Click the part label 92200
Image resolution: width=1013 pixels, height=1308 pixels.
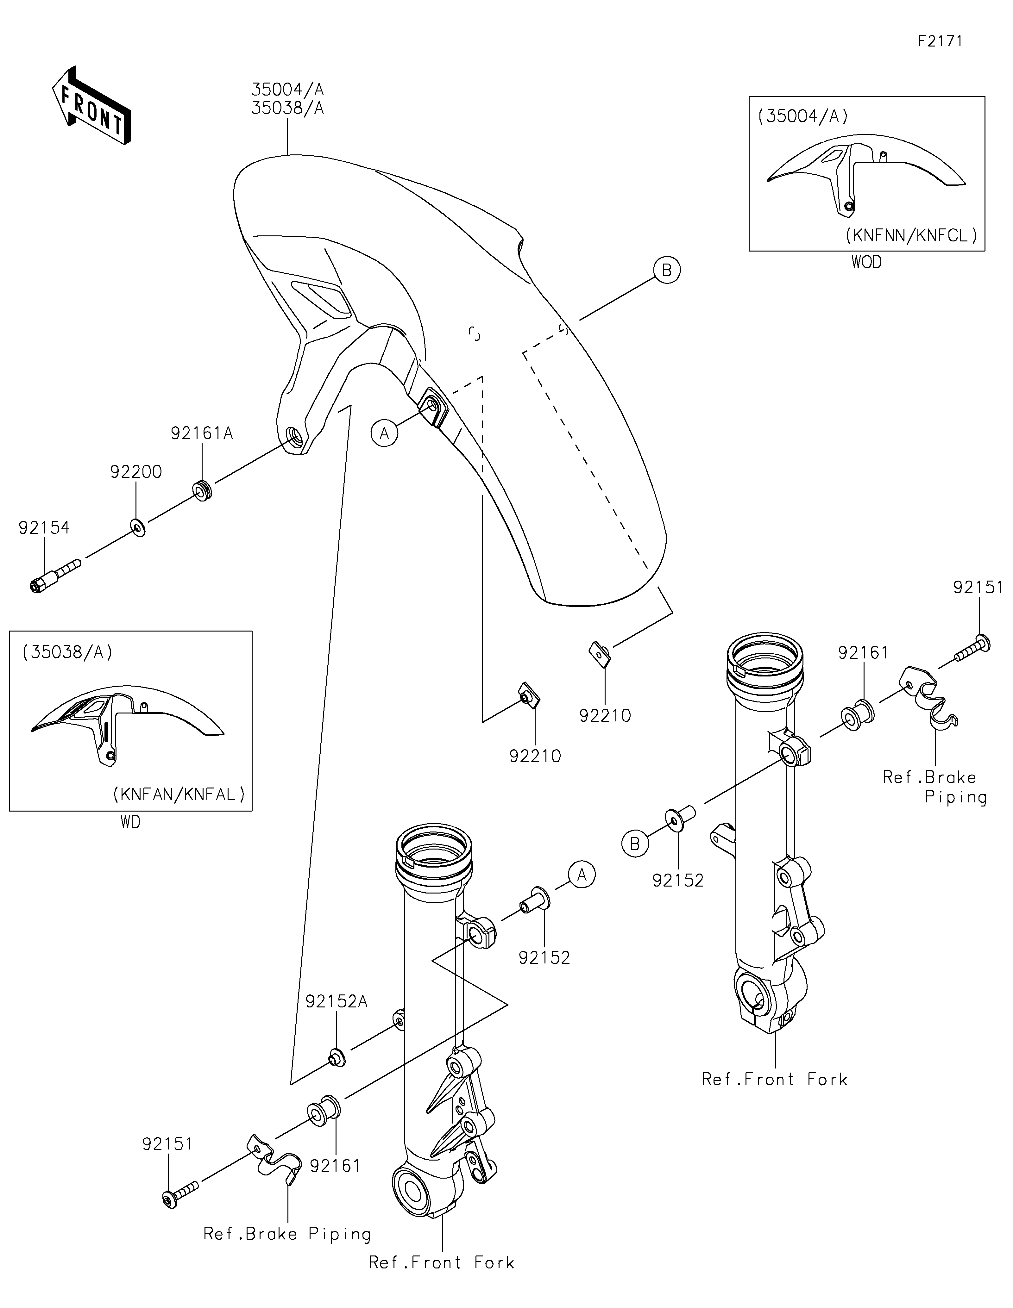[136, 472]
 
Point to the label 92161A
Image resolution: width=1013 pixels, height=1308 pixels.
[202, 433]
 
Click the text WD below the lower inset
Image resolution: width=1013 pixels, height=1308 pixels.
[131, 822]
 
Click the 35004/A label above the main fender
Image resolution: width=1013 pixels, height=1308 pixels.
[287, 90]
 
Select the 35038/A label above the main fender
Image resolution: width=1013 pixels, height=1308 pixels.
[287, 109]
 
